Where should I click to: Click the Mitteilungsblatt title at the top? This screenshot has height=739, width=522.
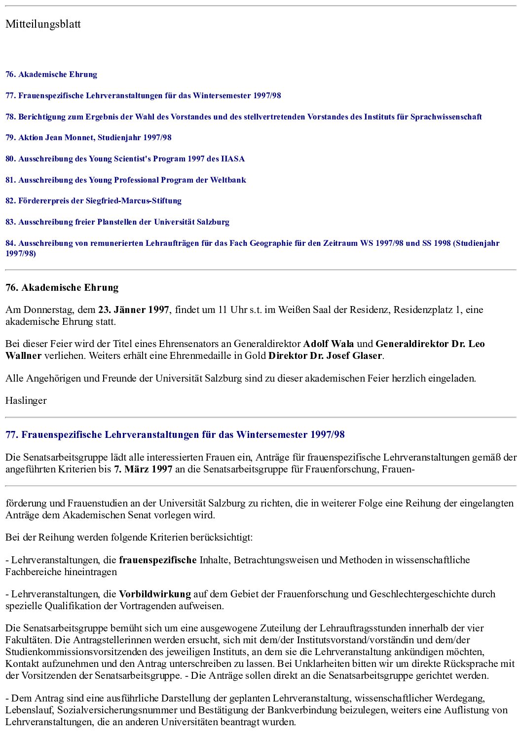pos(43,24)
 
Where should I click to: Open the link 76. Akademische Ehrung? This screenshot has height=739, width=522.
pos(51,75)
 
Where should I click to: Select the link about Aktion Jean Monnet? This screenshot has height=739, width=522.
pos(88,138)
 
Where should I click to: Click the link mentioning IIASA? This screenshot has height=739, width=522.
pos(125,159)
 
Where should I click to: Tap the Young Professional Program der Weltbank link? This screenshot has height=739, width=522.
pos(125,180)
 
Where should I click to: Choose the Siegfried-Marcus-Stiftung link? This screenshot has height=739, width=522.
pos(93,201)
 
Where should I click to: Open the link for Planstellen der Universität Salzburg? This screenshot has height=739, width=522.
pos(117,222)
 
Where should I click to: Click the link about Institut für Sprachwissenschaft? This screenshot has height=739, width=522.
pos(243,117)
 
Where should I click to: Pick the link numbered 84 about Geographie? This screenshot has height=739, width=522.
pos(252,243)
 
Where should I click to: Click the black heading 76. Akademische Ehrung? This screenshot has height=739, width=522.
pos(62,288)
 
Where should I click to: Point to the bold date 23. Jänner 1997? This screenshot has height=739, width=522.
pos(134,310)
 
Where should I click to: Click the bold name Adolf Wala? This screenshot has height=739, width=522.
pos(328,344)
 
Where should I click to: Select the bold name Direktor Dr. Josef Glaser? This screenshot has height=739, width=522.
pos(325,356)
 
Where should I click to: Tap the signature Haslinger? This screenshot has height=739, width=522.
pos(26,401)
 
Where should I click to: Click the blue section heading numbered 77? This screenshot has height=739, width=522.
pos(175,435)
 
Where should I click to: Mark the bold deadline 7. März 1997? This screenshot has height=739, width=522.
pos(143,469)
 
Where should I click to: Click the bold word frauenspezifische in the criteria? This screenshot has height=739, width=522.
pos(158,560)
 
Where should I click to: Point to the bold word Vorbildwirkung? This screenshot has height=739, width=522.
pos(155,594)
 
